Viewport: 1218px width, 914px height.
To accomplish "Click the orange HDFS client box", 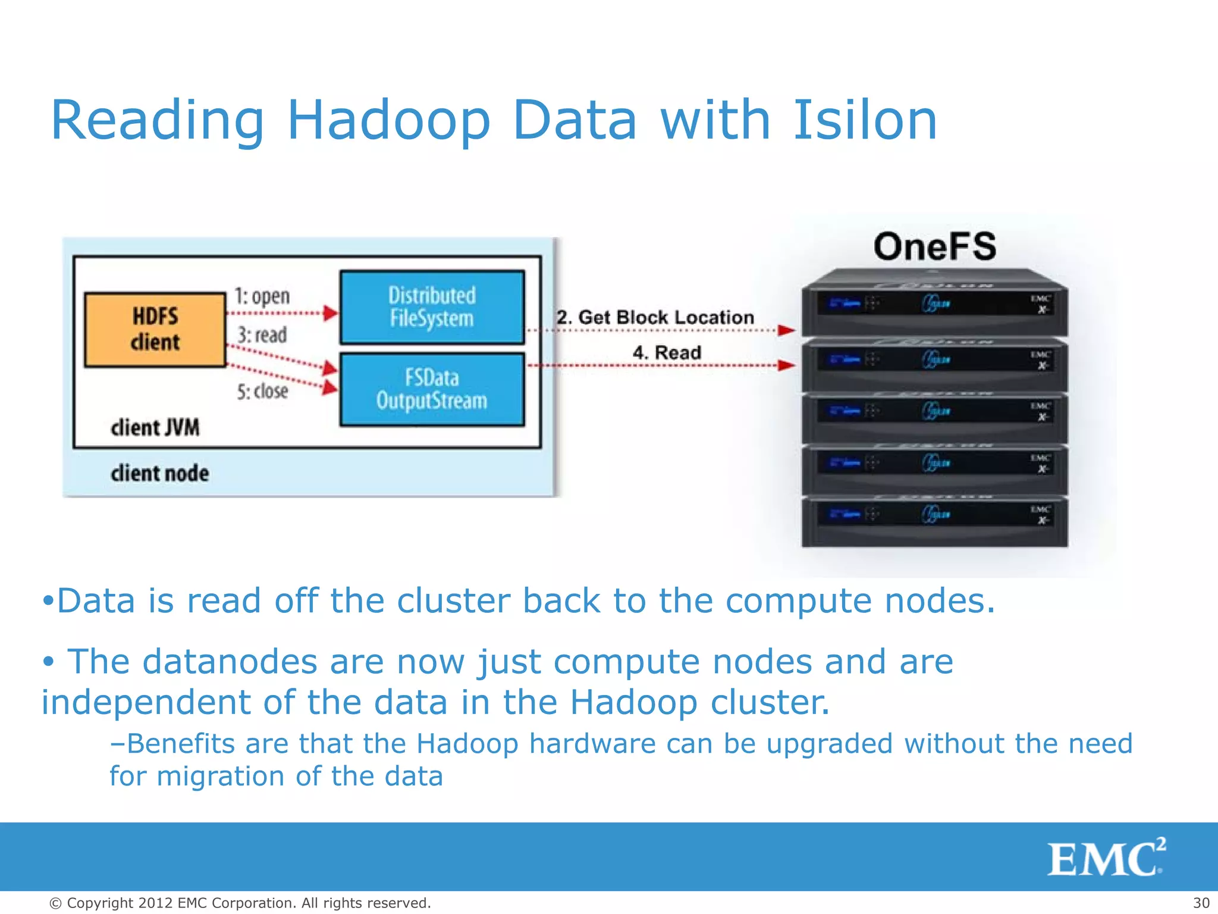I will (x=155, y=330).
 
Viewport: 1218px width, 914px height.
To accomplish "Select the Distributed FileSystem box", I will (x=432, y=307).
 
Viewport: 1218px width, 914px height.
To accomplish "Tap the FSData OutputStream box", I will (x=432, y=389).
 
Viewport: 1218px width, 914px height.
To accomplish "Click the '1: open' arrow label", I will (x=262, y=296).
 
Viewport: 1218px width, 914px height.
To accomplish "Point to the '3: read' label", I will (x=262, y=335).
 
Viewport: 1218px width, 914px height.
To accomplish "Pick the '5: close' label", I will (x=262, y=392).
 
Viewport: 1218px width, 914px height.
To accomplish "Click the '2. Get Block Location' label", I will (x=655, y=317).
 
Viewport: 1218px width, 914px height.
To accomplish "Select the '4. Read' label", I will (x=667, y=352).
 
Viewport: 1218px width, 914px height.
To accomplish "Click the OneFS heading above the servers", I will (x=934, y=246).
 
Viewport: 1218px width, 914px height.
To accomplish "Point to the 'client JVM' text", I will (x=155, y=427).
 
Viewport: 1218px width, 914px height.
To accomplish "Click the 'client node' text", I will (x=159, y=474).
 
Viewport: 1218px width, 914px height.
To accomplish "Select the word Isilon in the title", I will (x=865, y=121).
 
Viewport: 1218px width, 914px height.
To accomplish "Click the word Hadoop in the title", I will (x=388, y=121).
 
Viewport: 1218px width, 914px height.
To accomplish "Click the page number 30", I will (x=1201, y=903).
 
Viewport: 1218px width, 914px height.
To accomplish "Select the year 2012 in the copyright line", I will (x=155, y=903).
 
